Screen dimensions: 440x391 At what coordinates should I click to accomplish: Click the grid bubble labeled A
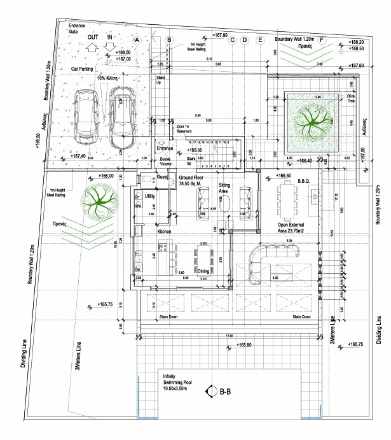point(136,39)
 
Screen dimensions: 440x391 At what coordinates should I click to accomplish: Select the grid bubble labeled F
point(322,40)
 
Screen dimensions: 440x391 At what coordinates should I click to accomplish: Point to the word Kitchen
point(165,232)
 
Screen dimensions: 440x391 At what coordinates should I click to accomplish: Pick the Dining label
point(203,271)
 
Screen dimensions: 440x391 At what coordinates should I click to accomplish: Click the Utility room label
point(150,196)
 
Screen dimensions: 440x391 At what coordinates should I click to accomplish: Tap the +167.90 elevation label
point(221,34)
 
